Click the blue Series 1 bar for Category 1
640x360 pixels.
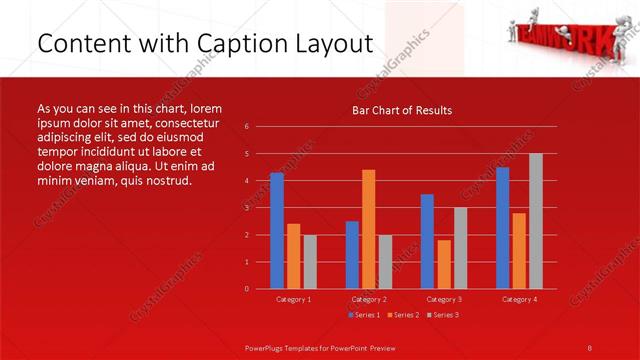click(277, 231)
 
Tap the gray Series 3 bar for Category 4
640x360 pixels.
click(536, 221)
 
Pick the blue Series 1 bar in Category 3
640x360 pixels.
click(427, 241)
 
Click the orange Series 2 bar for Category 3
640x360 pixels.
click(444, 264)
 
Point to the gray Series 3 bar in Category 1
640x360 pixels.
click(310, 262)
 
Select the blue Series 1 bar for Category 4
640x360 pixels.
click(502, 228)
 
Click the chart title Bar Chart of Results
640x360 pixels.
click(402, 110)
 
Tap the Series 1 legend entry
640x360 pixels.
click(363, 315)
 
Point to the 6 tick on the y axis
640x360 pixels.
click(247, 127)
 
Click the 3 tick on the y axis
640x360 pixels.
click(247, 208)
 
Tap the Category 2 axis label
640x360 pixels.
click(369, 299)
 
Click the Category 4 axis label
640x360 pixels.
click(519, 299)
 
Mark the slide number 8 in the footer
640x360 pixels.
click(590, 347)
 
